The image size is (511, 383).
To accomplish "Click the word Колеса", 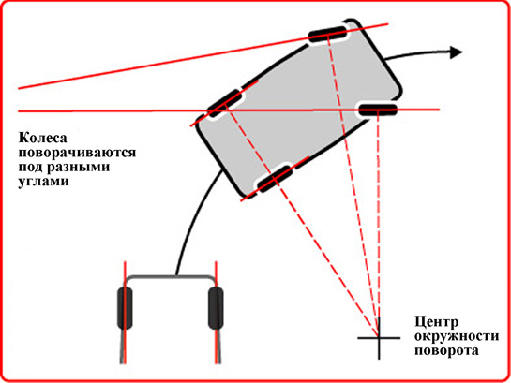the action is pos(43,138).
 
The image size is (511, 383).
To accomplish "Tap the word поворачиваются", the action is pos(77,153).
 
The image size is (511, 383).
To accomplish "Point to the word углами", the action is pos(43,182).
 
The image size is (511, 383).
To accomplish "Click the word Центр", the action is pos(436,322).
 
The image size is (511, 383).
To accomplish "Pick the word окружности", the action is pos(457,336).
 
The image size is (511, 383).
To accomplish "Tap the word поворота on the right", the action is pos(447,351).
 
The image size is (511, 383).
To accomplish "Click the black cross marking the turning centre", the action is pos(379,338).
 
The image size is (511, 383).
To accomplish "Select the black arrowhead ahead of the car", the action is pos(456,52).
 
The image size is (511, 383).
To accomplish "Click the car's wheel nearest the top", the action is pos(327,34).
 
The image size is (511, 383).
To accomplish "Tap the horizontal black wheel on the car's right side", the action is pos(378,110).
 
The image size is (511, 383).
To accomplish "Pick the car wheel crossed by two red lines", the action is pos(225,103).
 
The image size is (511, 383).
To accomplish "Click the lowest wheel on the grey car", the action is pos(275,178).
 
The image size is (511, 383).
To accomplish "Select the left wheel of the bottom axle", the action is pos(125,308).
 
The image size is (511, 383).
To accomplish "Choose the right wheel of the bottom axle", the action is pos(216,308).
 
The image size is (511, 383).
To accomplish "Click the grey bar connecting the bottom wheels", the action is pos(170,276).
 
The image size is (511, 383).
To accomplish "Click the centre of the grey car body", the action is pos(298,109).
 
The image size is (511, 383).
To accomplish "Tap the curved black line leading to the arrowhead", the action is pos(417,52).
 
